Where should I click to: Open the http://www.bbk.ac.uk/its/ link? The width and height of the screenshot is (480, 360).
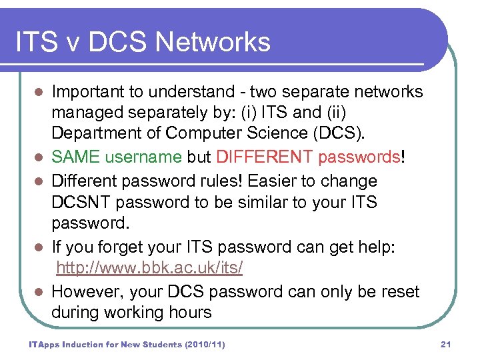[149, 269]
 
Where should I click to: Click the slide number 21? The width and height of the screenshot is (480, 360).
[446, 344]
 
